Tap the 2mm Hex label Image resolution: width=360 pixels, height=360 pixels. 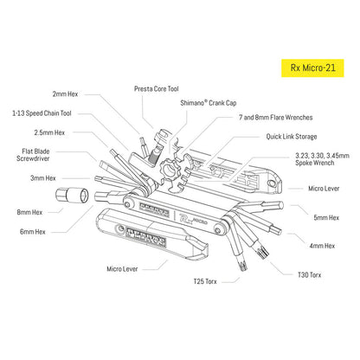[65, 95]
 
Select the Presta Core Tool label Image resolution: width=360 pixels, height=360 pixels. [158, 88]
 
